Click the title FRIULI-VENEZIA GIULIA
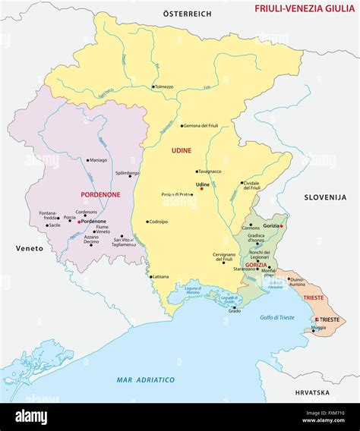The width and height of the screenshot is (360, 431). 303,9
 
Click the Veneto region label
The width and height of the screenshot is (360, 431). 29,248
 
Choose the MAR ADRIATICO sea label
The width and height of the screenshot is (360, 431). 146,379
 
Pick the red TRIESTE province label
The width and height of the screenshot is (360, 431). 313,298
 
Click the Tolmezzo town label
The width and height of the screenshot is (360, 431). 165,87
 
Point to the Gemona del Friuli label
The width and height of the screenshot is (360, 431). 201,125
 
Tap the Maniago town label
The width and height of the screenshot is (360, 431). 98,160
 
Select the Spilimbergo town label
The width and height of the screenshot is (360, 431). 127,173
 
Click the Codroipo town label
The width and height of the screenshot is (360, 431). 158,222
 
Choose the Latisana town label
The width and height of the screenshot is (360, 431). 159,276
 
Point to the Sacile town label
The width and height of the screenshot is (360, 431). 53,225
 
